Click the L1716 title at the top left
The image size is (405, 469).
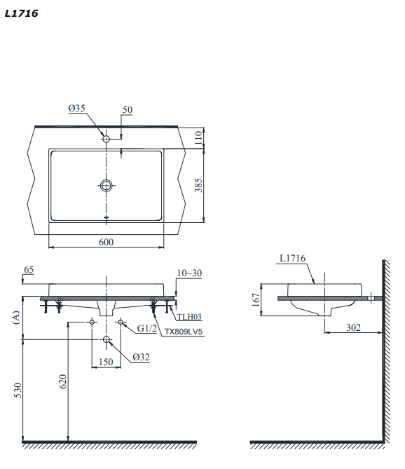point(21,13)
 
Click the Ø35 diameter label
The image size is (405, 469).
point(76,109)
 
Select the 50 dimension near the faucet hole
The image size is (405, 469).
point(127,109)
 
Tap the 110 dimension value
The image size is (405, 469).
point(198,137)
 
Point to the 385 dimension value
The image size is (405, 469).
point(198,185)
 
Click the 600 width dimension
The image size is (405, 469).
point(106,242)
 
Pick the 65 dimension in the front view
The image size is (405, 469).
point(29,269)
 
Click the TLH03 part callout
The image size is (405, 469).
point(189,317)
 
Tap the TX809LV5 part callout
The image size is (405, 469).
point(183,332)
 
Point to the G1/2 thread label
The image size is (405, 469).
point(146,327)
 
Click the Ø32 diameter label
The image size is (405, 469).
point(141,357)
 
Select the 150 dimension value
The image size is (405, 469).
point(105,362)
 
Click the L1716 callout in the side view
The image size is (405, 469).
point(292,259)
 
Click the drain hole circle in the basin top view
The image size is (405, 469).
point(106,185)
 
